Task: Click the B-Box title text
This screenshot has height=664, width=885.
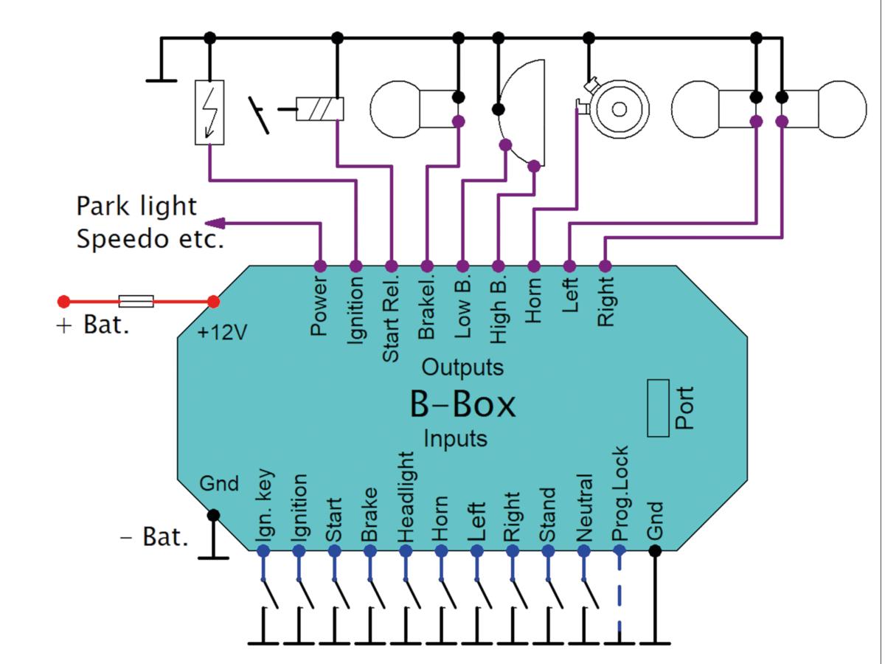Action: pos(462,404)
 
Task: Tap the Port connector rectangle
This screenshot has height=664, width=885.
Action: pos(658,408)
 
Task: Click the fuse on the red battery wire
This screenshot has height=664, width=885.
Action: pos(136,301)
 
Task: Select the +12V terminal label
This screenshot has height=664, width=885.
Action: pos(222,333)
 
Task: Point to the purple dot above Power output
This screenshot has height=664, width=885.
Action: pos(320,266)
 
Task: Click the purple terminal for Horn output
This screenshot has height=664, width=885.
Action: pos(534,266)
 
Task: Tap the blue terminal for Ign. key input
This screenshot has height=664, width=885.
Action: pos(263,550)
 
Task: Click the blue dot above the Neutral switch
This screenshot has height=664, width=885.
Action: pos(584,550)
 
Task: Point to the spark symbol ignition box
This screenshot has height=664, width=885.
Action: pos(209,112)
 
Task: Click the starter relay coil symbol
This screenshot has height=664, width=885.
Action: pos(320,109)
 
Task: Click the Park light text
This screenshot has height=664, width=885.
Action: pos(136,206)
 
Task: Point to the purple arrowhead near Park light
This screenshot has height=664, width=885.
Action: pos(213,223)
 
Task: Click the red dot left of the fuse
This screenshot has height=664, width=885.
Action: pos(64,301)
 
